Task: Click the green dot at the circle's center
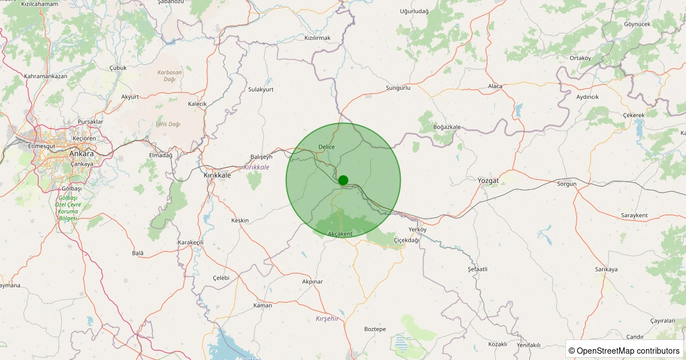click(x=343, y=180)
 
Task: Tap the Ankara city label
click(x=81, y=154)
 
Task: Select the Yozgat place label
click(x=488, y=181)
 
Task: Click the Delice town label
click(x=326, y=147)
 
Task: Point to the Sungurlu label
click(x=398, y=88)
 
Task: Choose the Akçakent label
click(x=341, y=234)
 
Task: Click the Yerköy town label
click(x=418, y=229)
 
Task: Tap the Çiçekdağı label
click(x=406, y=241)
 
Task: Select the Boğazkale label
click(x=447, y=127)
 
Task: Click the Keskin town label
click(x=240, y=221)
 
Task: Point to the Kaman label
click(x=262, y=306)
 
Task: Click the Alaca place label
click(x=495, y=86)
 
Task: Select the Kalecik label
click(x=197, y=104)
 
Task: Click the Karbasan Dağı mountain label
click(x=170, y=75)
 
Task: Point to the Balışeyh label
click(x=262, y=157)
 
